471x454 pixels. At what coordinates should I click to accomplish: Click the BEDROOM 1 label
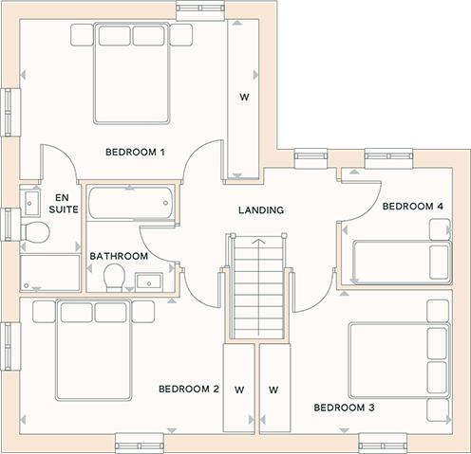point(135,153)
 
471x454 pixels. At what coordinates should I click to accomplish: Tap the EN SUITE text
point(64,204)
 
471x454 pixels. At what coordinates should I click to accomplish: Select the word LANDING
point(261,210)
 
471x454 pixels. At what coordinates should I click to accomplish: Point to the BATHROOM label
point(119,256)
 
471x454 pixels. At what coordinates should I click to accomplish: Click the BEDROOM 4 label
point(413,207)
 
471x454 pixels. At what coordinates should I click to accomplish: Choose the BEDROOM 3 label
point(345,408)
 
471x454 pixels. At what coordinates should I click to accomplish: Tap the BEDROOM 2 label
point(189,389)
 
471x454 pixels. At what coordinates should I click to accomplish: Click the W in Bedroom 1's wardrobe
point(244,98)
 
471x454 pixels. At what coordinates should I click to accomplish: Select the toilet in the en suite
point(35,232)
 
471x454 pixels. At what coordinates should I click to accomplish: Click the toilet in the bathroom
point(114,278)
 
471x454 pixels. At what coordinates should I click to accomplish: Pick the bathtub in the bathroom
point(131,203)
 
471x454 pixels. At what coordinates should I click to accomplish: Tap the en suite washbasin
point(30,203)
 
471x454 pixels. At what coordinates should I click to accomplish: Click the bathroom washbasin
point(149,282)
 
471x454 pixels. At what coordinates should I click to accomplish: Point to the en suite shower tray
point(50,273)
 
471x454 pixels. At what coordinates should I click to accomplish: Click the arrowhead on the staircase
point(259,242)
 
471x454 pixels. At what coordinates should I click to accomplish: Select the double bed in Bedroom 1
point(131,73)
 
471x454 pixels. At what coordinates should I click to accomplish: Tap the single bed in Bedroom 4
point(403,263)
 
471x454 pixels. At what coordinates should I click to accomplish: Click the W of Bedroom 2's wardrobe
point(239,390)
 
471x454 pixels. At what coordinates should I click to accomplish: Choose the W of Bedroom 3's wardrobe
point(273,390)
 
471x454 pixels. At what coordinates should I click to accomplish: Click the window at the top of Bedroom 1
point(200,10)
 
